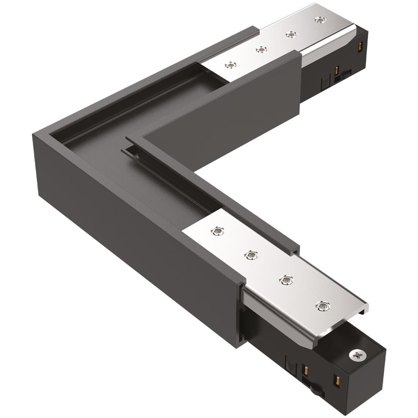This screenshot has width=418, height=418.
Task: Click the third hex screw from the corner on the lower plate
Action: [x=285, y=280]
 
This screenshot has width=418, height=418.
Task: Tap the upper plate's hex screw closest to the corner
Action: [x=230, y=65]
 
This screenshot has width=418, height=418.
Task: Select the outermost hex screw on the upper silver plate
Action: [x=320, y=20]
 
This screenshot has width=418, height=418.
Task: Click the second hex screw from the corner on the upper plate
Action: [x=260, y=49]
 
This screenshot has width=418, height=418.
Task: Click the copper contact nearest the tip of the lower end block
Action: [x=335, y=381]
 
